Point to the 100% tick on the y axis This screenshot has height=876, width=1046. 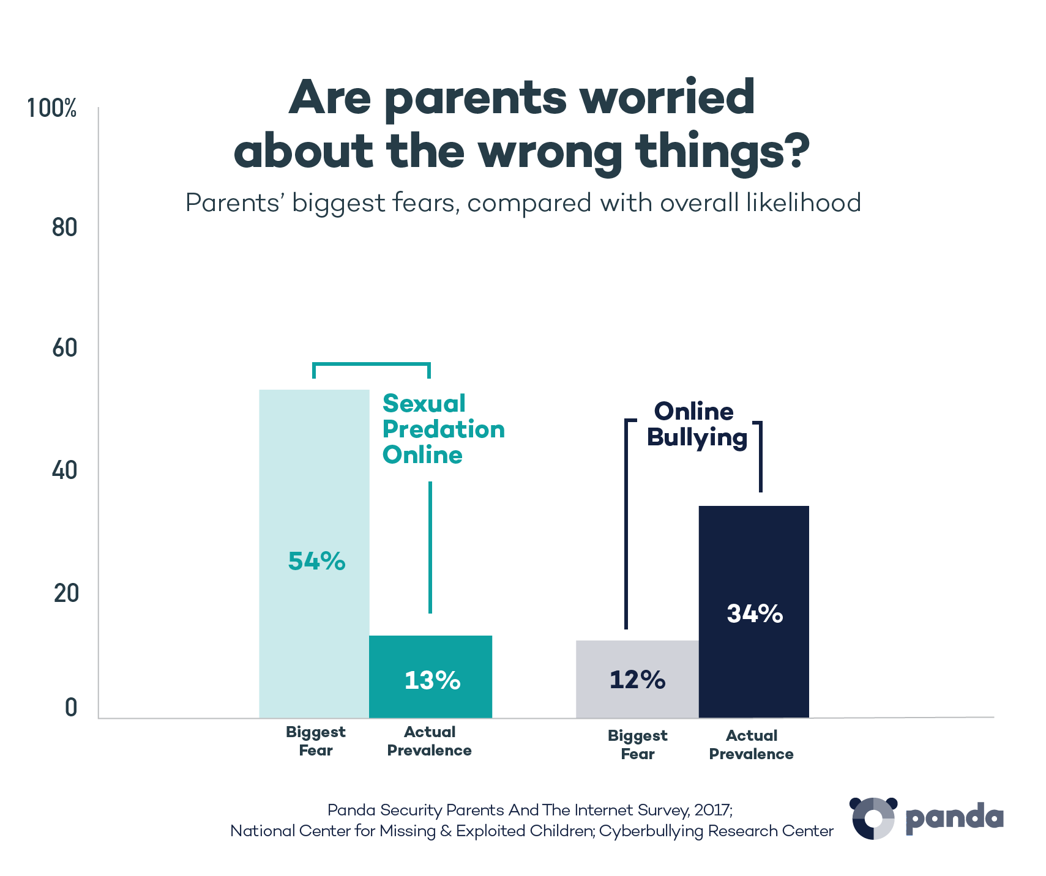click(53, 109)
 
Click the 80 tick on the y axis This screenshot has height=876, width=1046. click(64, 228)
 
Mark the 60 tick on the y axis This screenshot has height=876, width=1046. click(64, 349)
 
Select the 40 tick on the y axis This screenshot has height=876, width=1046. click(64, 471)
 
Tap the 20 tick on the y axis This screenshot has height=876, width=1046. click(65, 593)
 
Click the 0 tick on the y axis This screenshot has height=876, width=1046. click(71, 708)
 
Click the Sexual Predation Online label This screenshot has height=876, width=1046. click(443, 429)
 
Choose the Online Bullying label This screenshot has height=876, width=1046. click(697, 425)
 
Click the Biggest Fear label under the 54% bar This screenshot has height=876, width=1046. click(315, 741)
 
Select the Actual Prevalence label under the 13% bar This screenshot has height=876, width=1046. click(429, 741)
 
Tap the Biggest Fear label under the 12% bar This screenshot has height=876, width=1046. click(637, 744)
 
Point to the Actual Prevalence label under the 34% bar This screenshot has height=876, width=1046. click(751, 744)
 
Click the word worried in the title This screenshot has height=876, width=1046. click(667, 98)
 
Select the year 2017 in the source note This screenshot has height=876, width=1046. click(712, 811)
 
